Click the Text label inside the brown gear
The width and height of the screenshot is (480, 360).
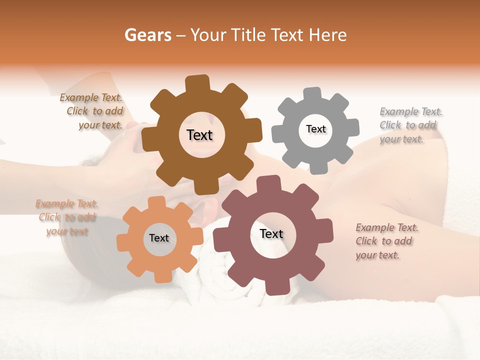click(199, 135)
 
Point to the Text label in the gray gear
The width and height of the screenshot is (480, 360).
click(315, 129)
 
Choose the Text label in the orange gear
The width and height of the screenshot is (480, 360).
click(158, 238)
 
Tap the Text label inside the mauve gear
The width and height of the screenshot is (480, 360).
click(271, 234)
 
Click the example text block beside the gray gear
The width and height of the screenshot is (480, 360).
click(411, 125)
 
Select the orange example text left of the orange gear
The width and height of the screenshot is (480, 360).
click(67, 217)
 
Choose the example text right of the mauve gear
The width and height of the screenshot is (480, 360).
click(387, 241)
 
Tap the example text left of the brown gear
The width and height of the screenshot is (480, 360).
click(92, 111)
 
